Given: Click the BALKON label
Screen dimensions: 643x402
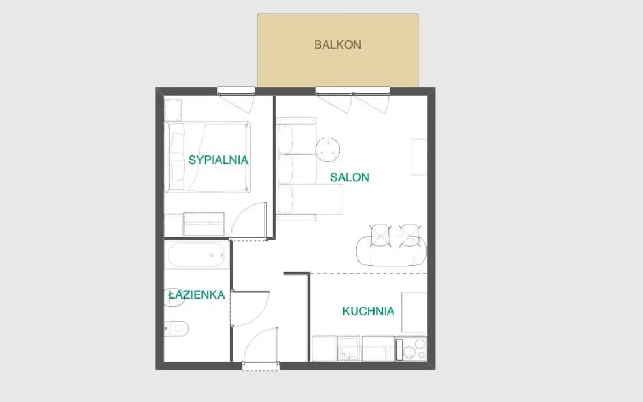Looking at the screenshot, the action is tap(338, 44).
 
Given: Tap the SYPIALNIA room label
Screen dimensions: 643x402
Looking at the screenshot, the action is tap(218, 160).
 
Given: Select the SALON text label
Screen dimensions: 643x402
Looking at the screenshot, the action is tap(349, 177).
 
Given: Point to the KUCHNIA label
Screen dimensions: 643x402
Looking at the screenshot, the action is tap(369, 311).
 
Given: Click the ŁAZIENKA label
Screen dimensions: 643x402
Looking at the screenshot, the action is tap(197, 295).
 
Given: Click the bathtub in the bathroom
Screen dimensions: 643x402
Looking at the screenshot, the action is tap(197, 255).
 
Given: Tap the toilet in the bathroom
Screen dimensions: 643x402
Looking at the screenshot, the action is tap(176, 328).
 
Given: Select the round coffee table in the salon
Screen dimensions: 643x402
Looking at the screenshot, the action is tap(327, 150).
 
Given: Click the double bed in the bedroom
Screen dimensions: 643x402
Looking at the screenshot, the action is tap(207, 157).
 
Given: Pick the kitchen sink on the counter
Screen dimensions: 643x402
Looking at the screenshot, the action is tap(349, 348).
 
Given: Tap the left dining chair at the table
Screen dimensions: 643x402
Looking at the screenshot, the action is tap(380, 235).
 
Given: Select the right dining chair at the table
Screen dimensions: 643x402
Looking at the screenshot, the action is tap(410, 235).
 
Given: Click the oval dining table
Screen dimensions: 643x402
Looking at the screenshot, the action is tap(391, 251).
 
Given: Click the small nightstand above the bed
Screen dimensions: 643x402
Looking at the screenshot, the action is tap(173, 110).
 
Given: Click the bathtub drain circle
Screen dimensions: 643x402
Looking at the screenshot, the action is tap(211, 255).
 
